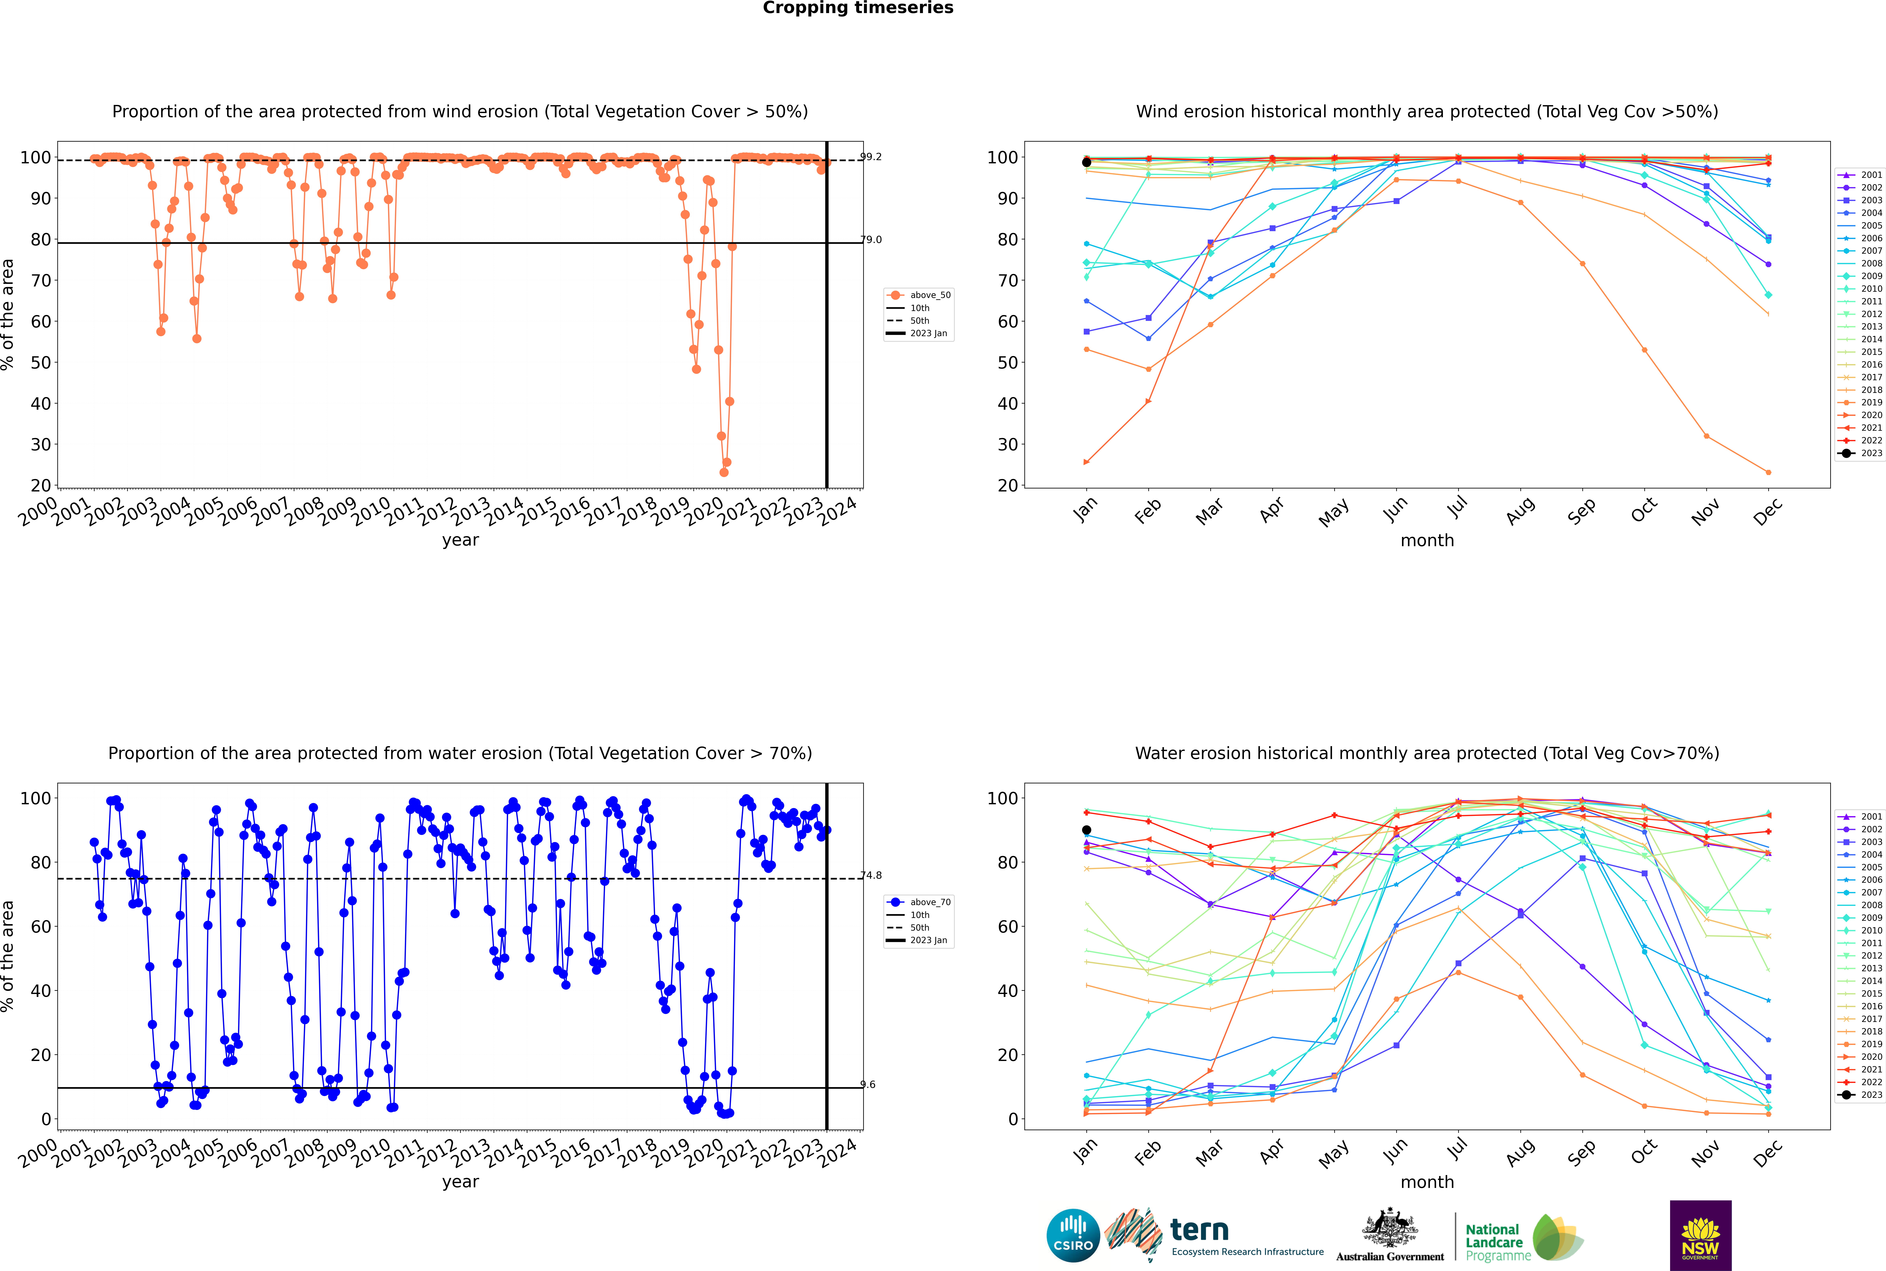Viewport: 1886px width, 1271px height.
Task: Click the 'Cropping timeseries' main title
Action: pos(858,8)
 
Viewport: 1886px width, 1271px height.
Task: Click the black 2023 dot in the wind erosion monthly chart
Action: pos(1087,162)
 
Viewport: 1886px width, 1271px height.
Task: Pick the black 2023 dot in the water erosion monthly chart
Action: pos(1087,830)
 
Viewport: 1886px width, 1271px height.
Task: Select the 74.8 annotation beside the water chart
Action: pos(871,875)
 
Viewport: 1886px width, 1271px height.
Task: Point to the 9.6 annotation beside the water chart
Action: pos(868,1085)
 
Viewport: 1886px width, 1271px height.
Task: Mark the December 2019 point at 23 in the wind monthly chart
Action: pos(1768,473)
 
